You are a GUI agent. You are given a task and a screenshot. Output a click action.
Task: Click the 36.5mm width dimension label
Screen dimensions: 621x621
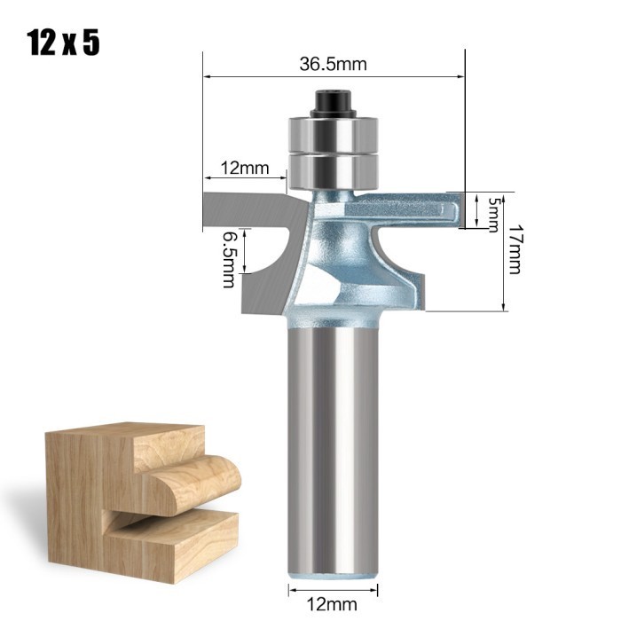pos(334,65)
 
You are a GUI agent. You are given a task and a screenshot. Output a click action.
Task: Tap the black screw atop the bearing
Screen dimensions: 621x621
pos(334,101)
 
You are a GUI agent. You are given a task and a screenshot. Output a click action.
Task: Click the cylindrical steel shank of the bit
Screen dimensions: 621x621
pos(334,444)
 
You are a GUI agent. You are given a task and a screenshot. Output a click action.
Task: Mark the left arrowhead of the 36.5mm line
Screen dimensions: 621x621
pos(207,78)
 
